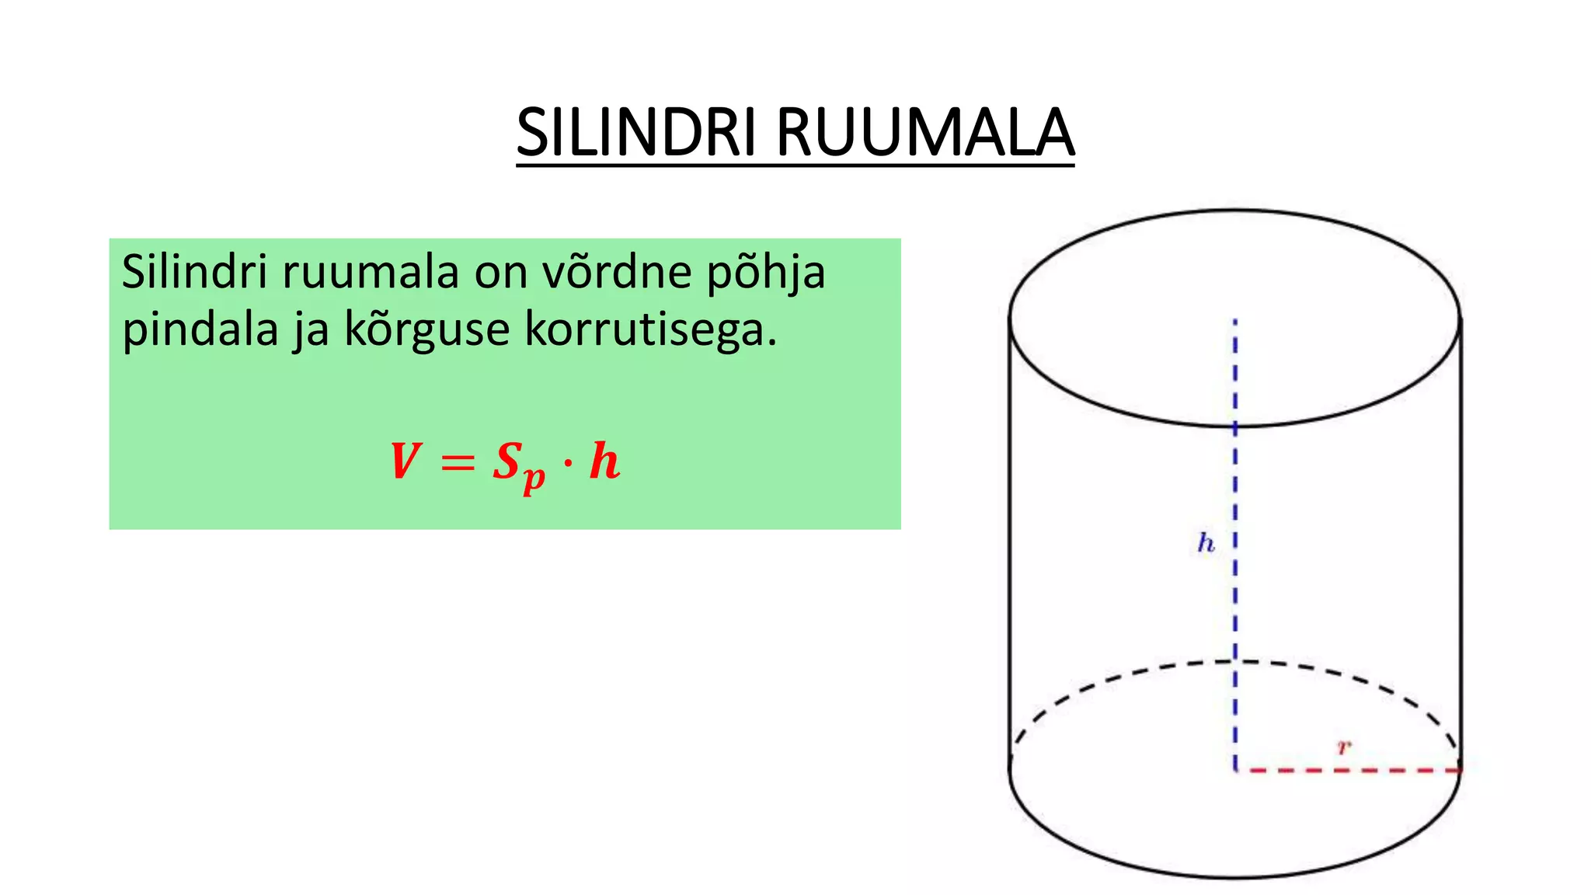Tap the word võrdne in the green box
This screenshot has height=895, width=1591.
(x=617, y=273)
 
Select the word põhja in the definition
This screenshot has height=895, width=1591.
(x=765, y=274)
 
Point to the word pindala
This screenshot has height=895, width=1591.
(x=200, y=330)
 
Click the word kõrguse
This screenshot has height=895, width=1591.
(x=427, y=330)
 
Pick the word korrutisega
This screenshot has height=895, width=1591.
(x=650, y=330)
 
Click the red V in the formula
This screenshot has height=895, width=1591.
(x=405, y=461)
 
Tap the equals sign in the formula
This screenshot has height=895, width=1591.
(x=457, y=464)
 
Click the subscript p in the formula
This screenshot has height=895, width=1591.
(x=534, y=476)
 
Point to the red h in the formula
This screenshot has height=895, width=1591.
(x=604, y=461)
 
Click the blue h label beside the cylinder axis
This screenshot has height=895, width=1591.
(x=1206, y=542)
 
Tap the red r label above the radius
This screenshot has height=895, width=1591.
(x=1343, y=747)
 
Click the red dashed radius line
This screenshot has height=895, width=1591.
(x=1348, y=770)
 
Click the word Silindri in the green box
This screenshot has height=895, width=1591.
(x=194, y=273)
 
